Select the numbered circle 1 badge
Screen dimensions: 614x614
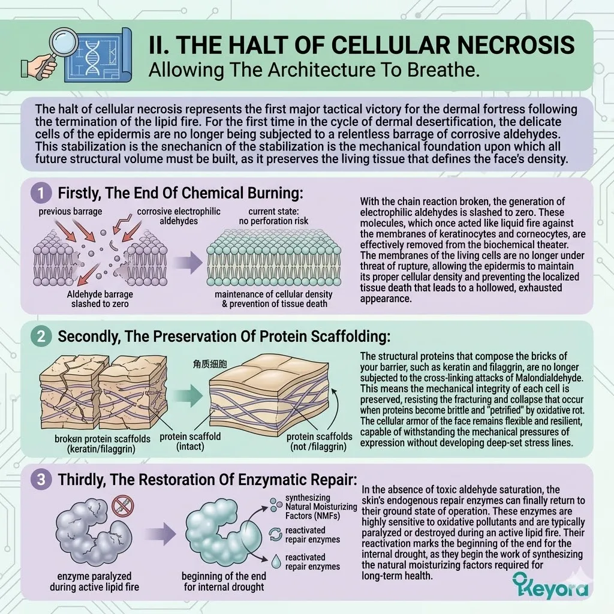[x=41, y=192]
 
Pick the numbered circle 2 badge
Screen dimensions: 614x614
[x=41, y=336]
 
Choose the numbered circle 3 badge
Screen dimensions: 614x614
[x=41, y=479]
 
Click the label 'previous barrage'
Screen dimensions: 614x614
[x=71, y=212]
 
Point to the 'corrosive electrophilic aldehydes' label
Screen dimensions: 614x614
[x=179, y=216]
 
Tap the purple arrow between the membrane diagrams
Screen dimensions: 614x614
[x=188, y=262]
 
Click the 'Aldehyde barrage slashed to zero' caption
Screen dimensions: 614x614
[x=100, y=299]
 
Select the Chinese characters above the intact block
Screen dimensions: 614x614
[x=210, y=364]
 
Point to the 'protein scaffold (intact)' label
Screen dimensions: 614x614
[x=190, y=441]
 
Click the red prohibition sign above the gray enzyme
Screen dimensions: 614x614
[x=122, y=505]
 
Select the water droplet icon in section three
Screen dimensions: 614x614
[x=276, y=561]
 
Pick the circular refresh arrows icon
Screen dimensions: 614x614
[x=276, y=534]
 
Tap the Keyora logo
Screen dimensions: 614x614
[x=550, y=586]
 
